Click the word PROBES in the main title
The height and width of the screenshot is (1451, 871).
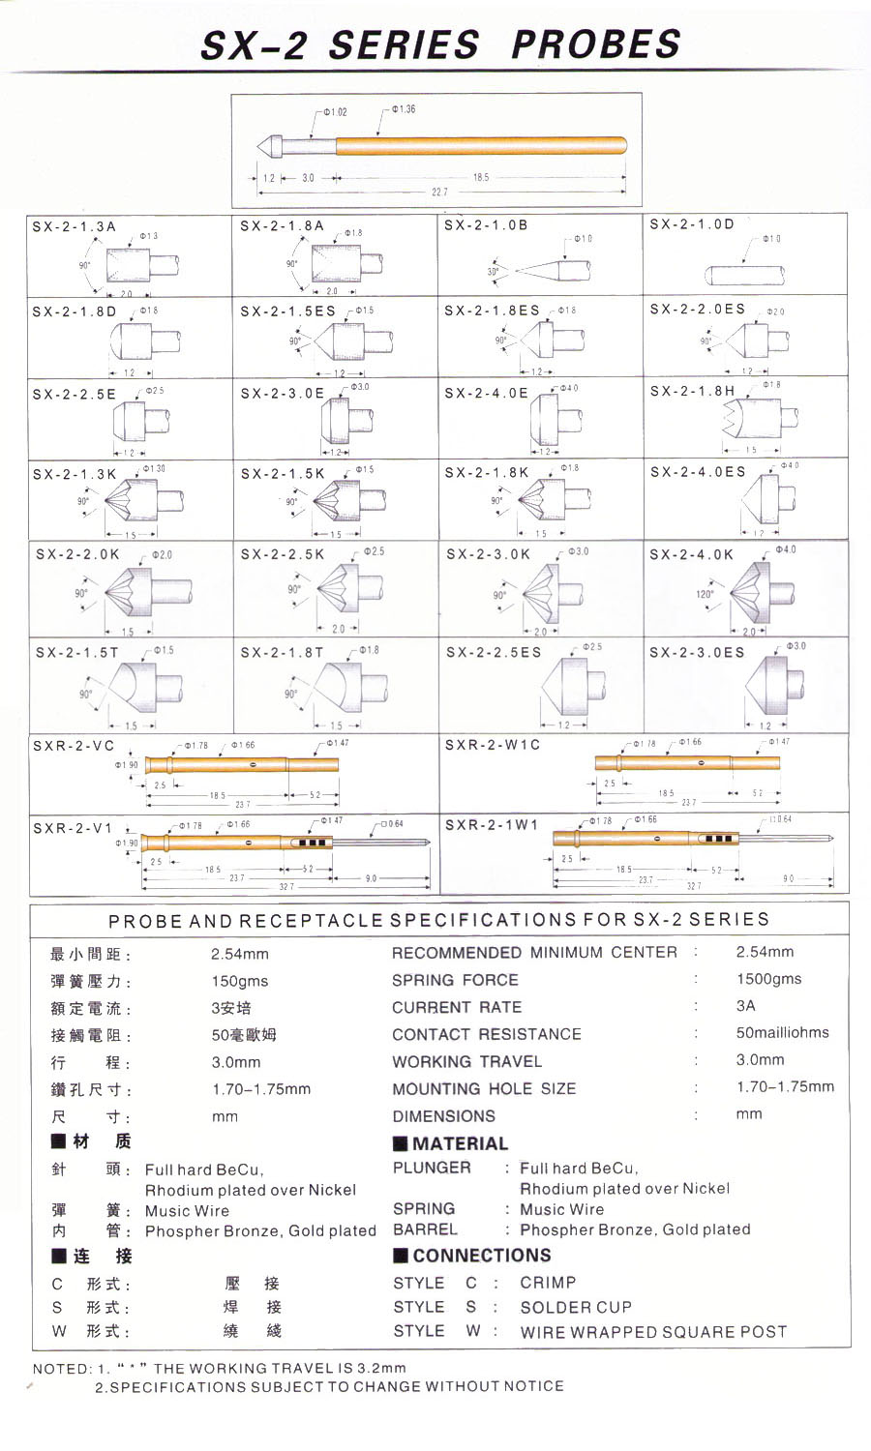[x=595, y=44]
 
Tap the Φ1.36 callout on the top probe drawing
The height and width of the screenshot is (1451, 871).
[x=405, y=109]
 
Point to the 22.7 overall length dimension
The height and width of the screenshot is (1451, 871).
[x=439, y=192]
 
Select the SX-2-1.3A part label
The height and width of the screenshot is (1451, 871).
[x=74, y=226]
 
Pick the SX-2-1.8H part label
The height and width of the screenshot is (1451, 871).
[x=692, y=391]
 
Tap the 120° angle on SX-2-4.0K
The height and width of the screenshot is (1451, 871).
[x=705, y=594]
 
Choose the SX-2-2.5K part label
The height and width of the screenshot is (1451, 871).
[x=283, y=554]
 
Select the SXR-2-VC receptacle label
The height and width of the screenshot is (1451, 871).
[x=74, y=746]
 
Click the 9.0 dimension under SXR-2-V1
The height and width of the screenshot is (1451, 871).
[x=372, y=877]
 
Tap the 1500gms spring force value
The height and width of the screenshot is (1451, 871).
[x=768, y=979]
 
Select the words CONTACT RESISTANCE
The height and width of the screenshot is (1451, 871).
[x=487, y=1034]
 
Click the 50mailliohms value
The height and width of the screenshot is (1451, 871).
[x=782, y=1032]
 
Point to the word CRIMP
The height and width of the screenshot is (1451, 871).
[x=548, y=1283]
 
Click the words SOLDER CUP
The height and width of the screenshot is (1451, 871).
[x=576, y=1307]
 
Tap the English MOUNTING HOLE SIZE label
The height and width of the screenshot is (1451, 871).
[x=484, y=1088]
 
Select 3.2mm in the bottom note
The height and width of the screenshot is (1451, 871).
[x=380, y=1368]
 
